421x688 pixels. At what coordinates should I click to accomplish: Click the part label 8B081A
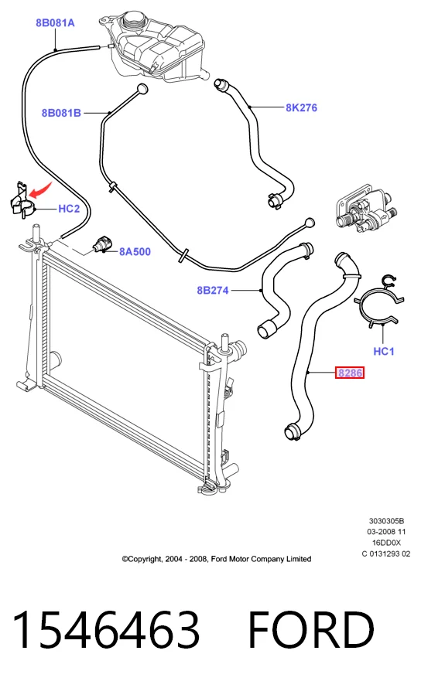[x=55, y=23]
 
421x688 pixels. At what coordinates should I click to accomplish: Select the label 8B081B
[x=61, y=113]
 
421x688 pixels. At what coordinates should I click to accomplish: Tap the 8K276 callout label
[x=302, y=107]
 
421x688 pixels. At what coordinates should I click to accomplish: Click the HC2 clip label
[x=69, y=209]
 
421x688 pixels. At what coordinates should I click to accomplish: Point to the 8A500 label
[x=135, y=251]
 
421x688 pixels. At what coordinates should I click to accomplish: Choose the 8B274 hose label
[x=213, y=290]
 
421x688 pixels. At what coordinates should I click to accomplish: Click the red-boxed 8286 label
[x=350, y=373]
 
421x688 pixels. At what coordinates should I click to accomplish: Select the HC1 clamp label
[x=384, y=352]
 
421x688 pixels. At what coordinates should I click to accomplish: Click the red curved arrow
[x=39, y=190]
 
